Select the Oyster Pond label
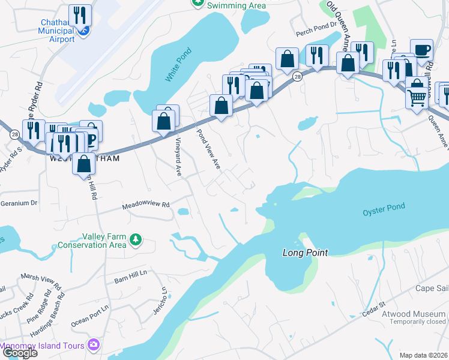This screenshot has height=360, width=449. (384, 210)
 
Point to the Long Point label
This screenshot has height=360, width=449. (306, 253)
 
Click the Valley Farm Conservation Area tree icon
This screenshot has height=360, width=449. (136, 240)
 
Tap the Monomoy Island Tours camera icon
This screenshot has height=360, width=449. (93, 344)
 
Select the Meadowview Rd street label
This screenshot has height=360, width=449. (146, 205)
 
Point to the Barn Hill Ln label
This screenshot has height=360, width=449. (130, 280)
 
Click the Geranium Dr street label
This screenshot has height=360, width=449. (19, 203)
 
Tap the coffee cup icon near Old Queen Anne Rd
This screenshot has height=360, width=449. (421, 49)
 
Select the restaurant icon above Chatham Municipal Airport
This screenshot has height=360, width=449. (80, 14)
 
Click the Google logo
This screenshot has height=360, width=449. (20, 353)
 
